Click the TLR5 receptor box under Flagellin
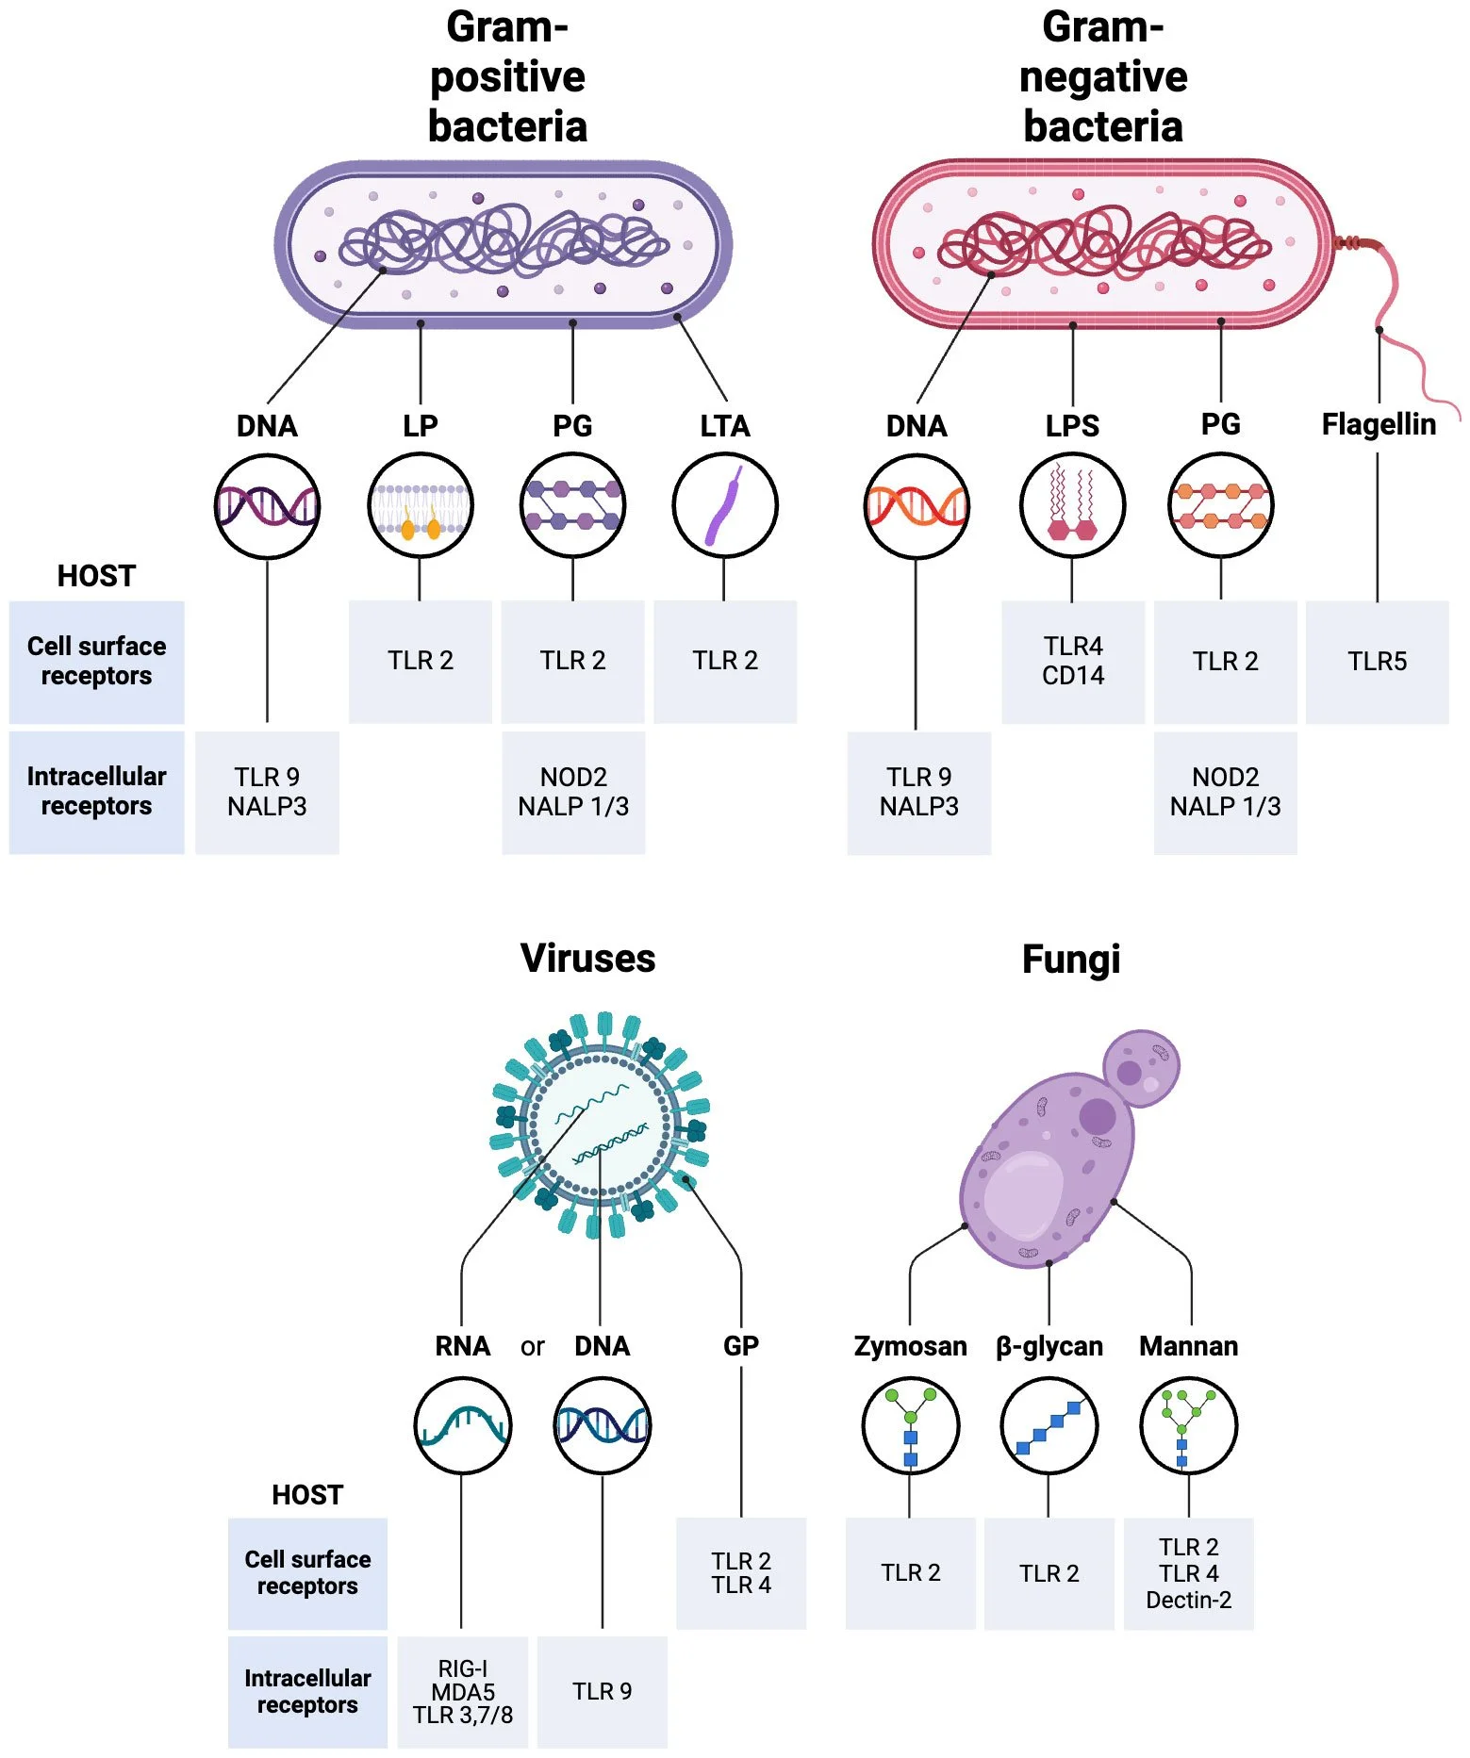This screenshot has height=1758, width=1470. [x=1377, y=662]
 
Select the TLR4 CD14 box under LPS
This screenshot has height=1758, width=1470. [x=1073, y=662]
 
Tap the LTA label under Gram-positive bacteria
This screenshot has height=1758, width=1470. [x=724, y=426]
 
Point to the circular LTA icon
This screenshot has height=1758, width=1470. [x=724, y=506]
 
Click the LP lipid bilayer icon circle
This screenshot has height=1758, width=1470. [x=420, y=506]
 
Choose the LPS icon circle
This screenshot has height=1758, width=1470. [x=1072, y=506]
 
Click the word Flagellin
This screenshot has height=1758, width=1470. [x=1379, y=424]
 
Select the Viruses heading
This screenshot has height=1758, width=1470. [x=587, y=959]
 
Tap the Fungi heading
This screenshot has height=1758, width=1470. [x=1071, y=960]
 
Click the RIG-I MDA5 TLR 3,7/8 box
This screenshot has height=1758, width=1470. [x=462, y=1692]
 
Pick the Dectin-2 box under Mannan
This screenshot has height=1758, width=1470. [x=1188, y=1573]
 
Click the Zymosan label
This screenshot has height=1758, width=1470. [x=910, y=1346]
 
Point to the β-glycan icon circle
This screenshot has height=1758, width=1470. [x=1049, y=1425]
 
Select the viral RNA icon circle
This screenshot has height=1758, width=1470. [x=462, y=1425]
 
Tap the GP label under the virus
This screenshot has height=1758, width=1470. [x=741, y=1346]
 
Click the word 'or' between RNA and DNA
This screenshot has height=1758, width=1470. [x=532, y=1347]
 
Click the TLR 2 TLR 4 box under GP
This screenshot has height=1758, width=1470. [x=741, y=1573]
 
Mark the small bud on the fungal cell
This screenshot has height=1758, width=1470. [x=1141, y=1068]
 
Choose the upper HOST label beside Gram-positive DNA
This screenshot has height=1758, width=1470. [x=96, y=576]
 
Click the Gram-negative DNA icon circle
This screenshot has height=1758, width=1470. [x=916, y=506]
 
